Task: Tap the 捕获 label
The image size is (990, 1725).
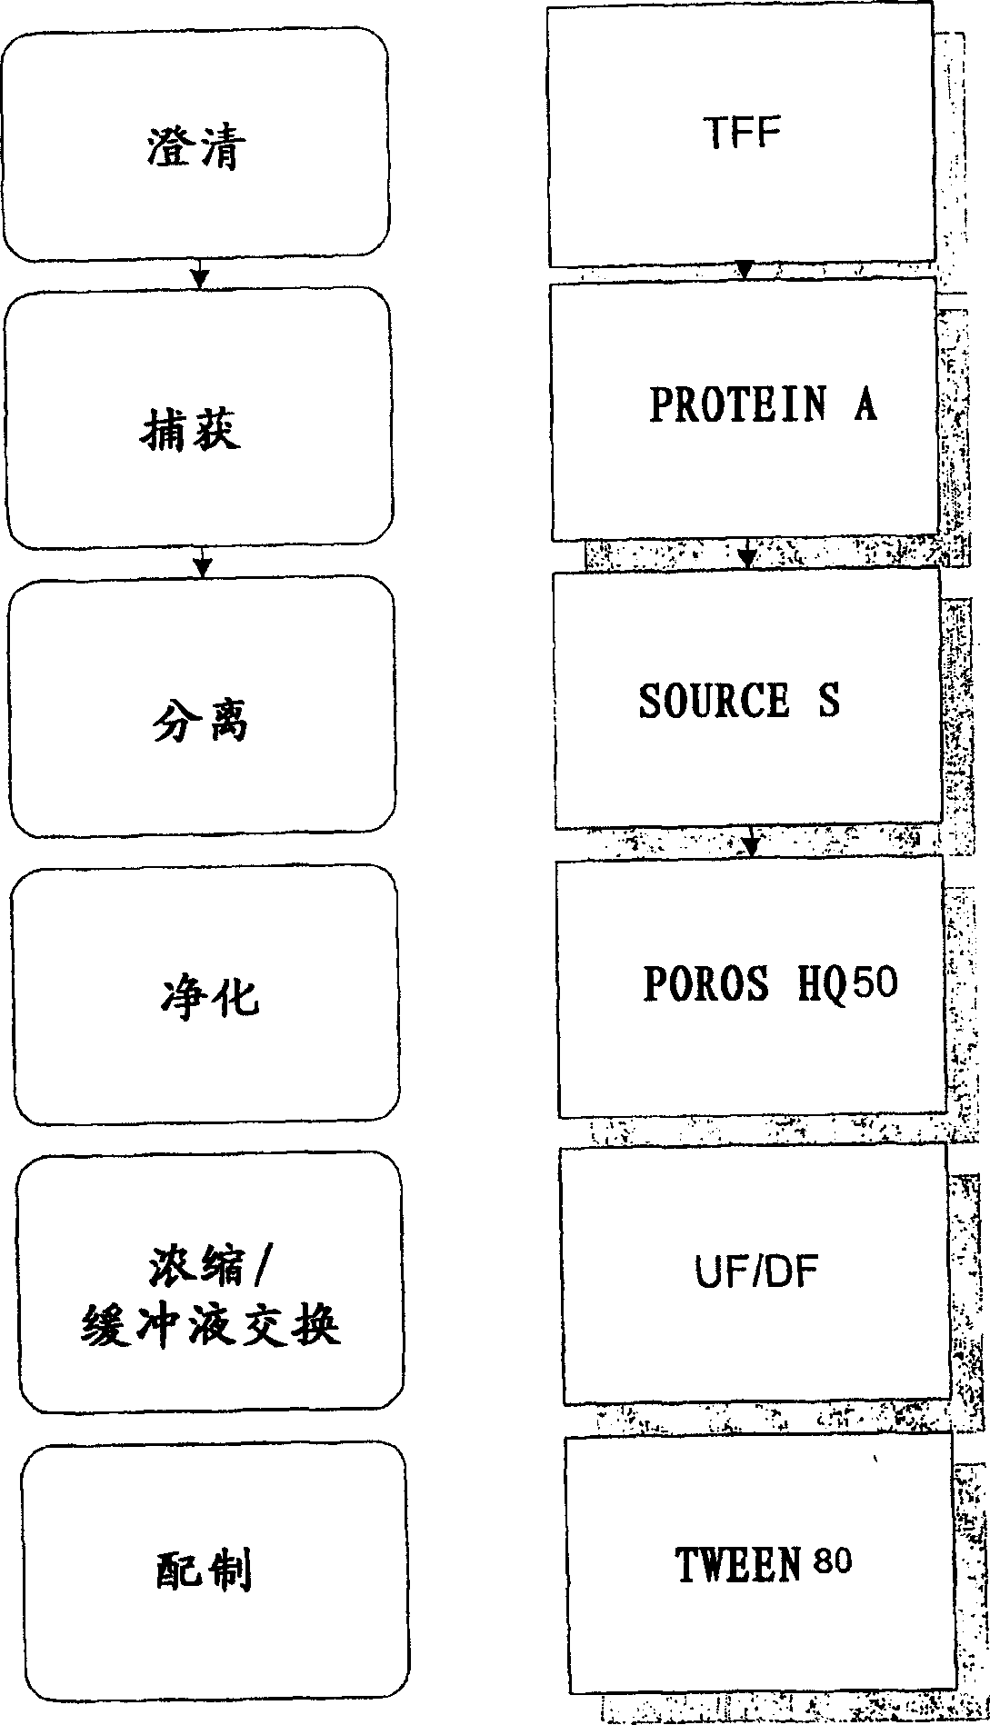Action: point(190,430)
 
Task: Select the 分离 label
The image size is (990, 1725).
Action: point(200,723)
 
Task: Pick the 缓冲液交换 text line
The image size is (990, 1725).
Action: point(211,1325)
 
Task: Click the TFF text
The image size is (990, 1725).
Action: point(742,134)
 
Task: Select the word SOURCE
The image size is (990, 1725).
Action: point(714,701)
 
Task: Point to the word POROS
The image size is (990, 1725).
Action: point(705,983)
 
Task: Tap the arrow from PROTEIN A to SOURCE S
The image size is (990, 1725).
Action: point(747,553)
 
